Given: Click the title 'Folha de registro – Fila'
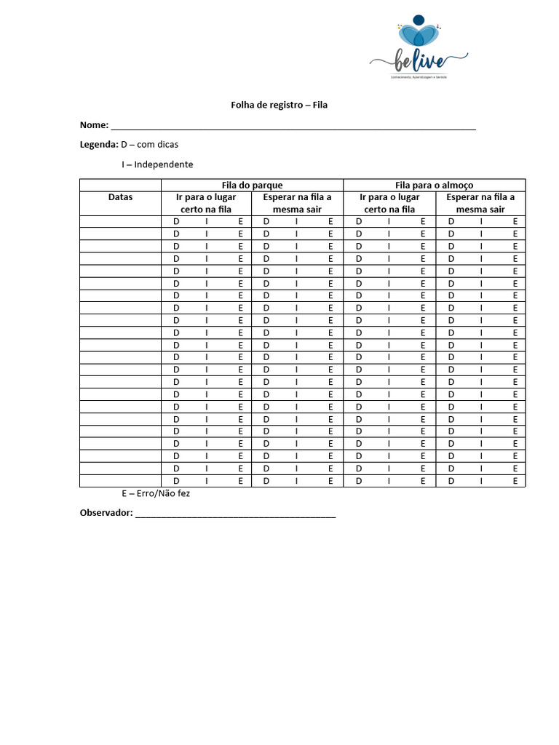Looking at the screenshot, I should pos(279,105).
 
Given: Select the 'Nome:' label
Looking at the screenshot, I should pos(94,125).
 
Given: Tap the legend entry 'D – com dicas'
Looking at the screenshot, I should pos(150,144).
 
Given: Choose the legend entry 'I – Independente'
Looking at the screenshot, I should pos(157,164).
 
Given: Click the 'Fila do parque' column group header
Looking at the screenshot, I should pos(252,185).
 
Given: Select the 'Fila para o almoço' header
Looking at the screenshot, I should pos(434,185).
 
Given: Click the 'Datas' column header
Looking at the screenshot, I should pos(120,197).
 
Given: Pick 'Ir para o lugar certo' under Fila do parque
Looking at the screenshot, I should pos(206,203).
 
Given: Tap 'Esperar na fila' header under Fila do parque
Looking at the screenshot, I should pos(297,203).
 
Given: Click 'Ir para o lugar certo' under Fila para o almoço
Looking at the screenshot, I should pos(389,203).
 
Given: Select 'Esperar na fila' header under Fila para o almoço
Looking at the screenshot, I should pos(480,203).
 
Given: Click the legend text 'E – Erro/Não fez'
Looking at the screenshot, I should pos(156,493).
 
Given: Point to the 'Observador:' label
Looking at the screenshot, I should pos(106,513).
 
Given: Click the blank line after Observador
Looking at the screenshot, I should pos(236,514).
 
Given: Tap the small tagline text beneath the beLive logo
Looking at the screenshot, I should pos(418,78).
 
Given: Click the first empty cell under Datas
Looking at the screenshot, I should pos(120,221).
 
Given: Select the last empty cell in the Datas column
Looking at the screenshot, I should pos(120,481).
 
